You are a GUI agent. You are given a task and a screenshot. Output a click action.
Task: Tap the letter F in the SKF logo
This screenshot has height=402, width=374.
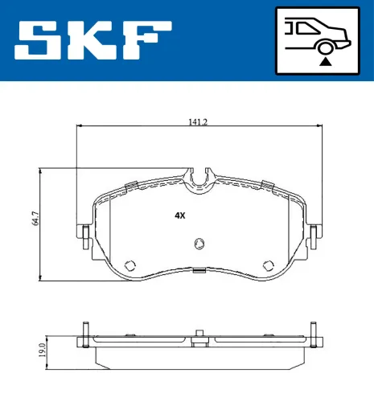coord(150,40)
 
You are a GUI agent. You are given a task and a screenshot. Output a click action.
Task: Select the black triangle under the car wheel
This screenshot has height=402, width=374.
coord(324,59)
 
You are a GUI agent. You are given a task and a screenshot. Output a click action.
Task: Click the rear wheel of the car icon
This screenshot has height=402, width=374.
coord(324,46)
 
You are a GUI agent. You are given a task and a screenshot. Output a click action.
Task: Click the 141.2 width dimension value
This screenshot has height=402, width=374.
coord(197,122)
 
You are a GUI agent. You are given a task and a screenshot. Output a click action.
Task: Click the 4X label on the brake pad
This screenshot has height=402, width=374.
coord(179,215)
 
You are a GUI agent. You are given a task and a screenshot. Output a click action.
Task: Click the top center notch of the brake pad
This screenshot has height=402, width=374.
coord(199,178)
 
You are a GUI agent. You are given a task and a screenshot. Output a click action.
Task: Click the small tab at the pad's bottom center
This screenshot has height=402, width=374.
coord(199,271)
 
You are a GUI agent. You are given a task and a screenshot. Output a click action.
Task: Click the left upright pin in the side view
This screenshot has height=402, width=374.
coord(84,334)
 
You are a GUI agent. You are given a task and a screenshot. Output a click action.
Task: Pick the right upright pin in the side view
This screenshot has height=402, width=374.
coord(314,334)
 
